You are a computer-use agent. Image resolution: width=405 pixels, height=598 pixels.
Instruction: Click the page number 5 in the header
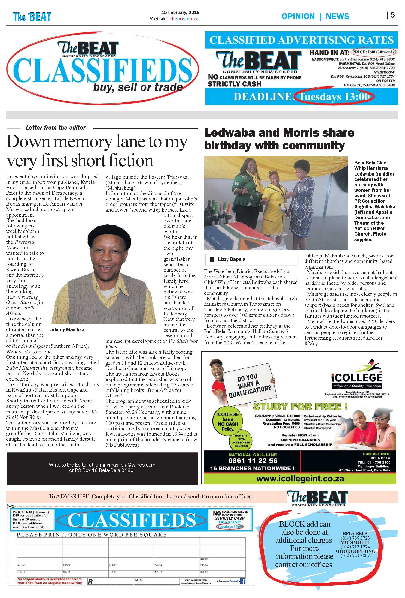pos(392,15)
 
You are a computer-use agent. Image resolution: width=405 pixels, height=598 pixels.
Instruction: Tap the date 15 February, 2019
pos(180,12)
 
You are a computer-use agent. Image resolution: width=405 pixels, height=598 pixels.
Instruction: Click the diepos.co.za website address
pos(184,19)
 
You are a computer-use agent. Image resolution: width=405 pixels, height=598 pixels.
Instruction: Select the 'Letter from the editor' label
pos(56,128)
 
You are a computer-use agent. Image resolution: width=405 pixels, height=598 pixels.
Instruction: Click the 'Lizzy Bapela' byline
pos(231,259)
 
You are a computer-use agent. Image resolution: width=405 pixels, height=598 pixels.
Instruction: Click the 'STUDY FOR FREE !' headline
pos(300,407)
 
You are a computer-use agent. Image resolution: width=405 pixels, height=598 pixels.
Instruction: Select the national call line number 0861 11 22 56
pos(253,461)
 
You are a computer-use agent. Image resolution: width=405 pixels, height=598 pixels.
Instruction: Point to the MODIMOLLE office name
pos(355,542)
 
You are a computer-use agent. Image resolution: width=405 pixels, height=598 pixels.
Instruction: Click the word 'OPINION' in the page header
pos(298,17)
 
